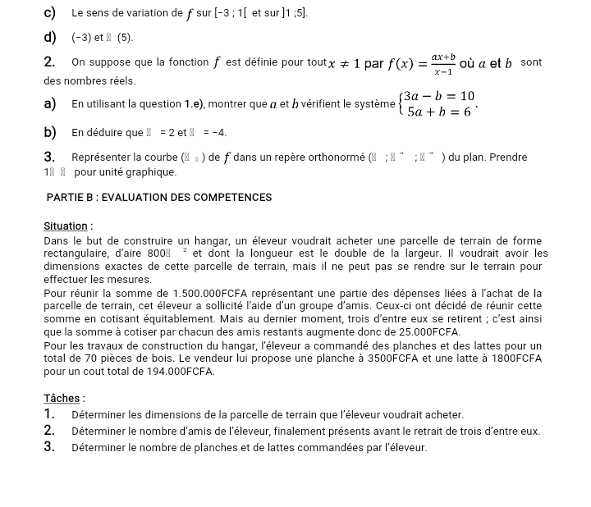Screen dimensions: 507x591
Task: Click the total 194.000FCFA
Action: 178,371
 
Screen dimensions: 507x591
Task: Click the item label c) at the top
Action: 51,13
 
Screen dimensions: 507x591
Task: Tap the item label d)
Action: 51,38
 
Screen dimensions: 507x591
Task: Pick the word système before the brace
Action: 369,104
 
